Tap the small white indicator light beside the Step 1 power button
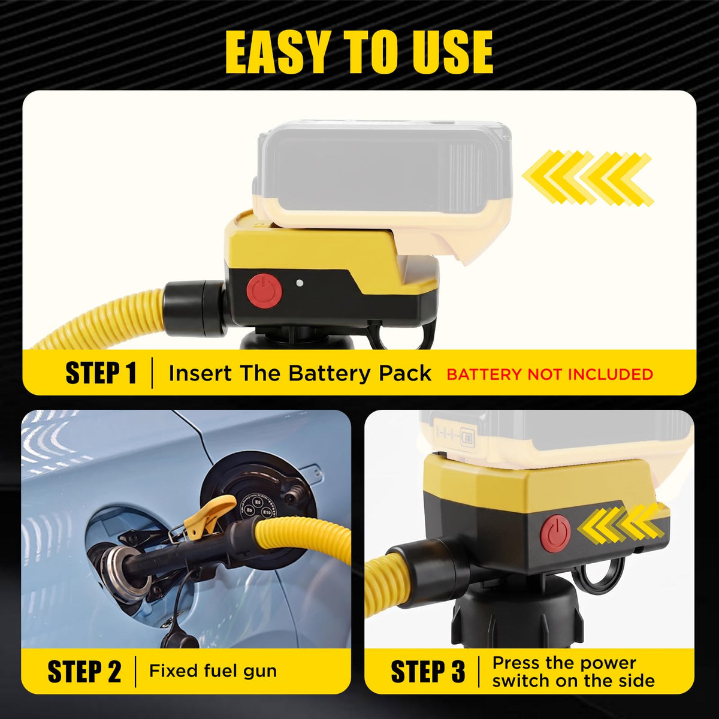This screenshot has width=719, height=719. [x=299, y=283]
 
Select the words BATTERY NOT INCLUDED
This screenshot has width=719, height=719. [x=549, y=374]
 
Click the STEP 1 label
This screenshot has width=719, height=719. [x=101, y=373]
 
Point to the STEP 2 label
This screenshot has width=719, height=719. [x=84, y=672]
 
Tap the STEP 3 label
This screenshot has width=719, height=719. [x=428, y=672]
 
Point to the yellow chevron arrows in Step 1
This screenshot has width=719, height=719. [x=588, y=178]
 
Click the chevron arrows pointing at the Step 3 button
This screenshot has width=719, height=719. [x=618, y=525]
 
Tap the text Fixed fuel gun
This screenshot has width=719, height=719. [x=213, y=671]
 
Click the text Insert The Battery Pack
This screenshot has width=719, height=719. [x=300, y=373]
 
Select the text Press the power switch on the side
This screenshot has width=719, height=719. [x=573, y=672]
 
